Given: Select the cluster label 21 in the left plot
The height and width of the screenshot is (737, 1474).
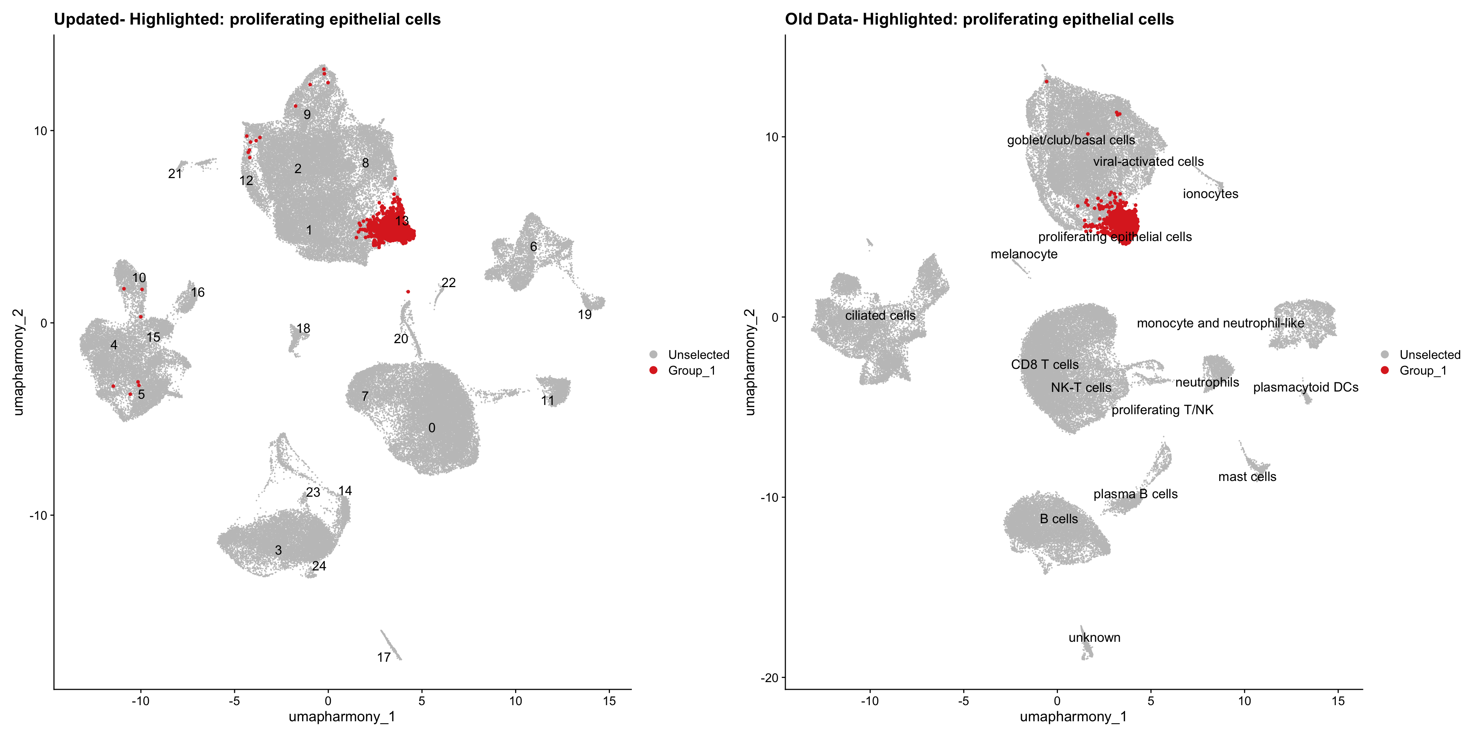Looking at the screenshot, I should click(x=175, y=174).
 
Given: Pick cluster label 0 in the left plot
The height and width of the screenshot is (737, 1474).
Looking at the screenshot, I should click(x=431, y=428).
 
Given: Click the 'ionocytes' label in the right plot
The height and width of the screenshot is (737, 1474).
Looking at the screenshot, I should click(x=1210, y=194).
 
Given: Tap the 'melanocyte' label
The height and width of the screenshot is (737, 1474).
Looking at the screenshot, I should click(x=1024, y=254).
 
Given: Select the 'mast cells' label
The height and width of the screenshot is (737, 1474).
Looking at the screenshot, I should click(x=1247, y=477).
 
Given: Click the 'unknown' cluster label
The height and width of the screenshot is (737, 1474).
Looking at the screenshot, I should click(x=1094, y=638).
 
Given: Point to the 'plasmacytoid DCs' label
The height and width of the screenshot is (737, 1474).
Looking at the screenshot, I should click(x=1305, y=387).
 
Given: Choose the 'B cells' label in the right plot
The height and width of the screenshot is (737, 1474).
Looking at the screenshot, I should click(x=1059, y=519).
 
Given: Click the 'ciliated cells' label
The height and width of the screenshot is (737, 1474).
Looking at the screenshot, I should click(x=880, y=315).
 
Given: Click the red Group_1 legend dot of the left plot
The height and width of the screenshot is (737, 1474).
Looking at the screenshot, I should click(x=653, y=370).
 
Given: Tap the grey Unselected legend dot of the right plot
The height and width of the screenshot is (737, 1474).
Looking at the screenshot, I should click(x=1385, y=355).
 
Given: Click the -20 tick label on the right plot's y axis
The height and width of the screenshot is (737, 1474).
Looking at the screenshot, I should click(x=770, y=678).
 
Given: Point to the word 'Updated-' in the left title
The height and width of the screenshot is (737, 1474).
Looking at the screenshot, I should click(x=89, y=20).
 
